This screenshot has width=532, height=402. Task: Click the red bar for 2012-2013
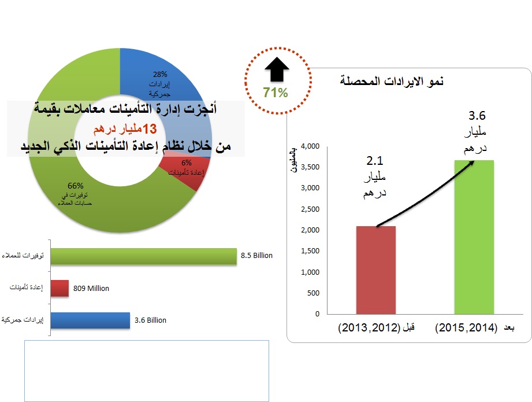tap(376, 270)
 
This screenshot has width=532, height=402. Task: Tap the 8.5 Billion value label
tap(256, 255)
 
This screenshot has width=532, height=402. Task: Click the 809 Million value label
tap(91, 288)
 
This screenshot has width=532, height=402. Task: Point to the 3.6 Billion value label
tap(150, 320)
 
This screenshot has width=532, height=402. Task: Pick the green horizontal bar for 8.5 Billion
tap(144, 256)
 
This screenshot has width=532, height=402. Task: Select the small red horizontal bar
tap(59, 288)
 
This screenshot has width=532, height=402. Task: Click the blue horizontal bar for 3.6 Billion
tap(90, 320)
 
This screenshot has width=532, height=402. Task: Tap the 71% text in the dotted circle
tap(275, 92)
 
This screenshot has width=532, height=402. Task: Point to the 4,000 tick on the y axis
tap(311, 146)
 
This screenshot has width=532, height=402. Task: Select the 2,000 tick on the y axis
tap(311, 230)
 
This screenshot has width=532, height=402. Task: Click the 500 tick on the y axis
tap(314, 293)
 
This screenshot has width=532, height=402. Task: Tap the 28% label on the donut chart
tap(160, 74)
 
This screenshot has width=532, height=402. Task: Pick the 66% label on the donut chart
tap(76, 186)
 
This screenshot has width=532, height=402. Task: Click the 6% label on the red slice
tap(186, 163)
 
